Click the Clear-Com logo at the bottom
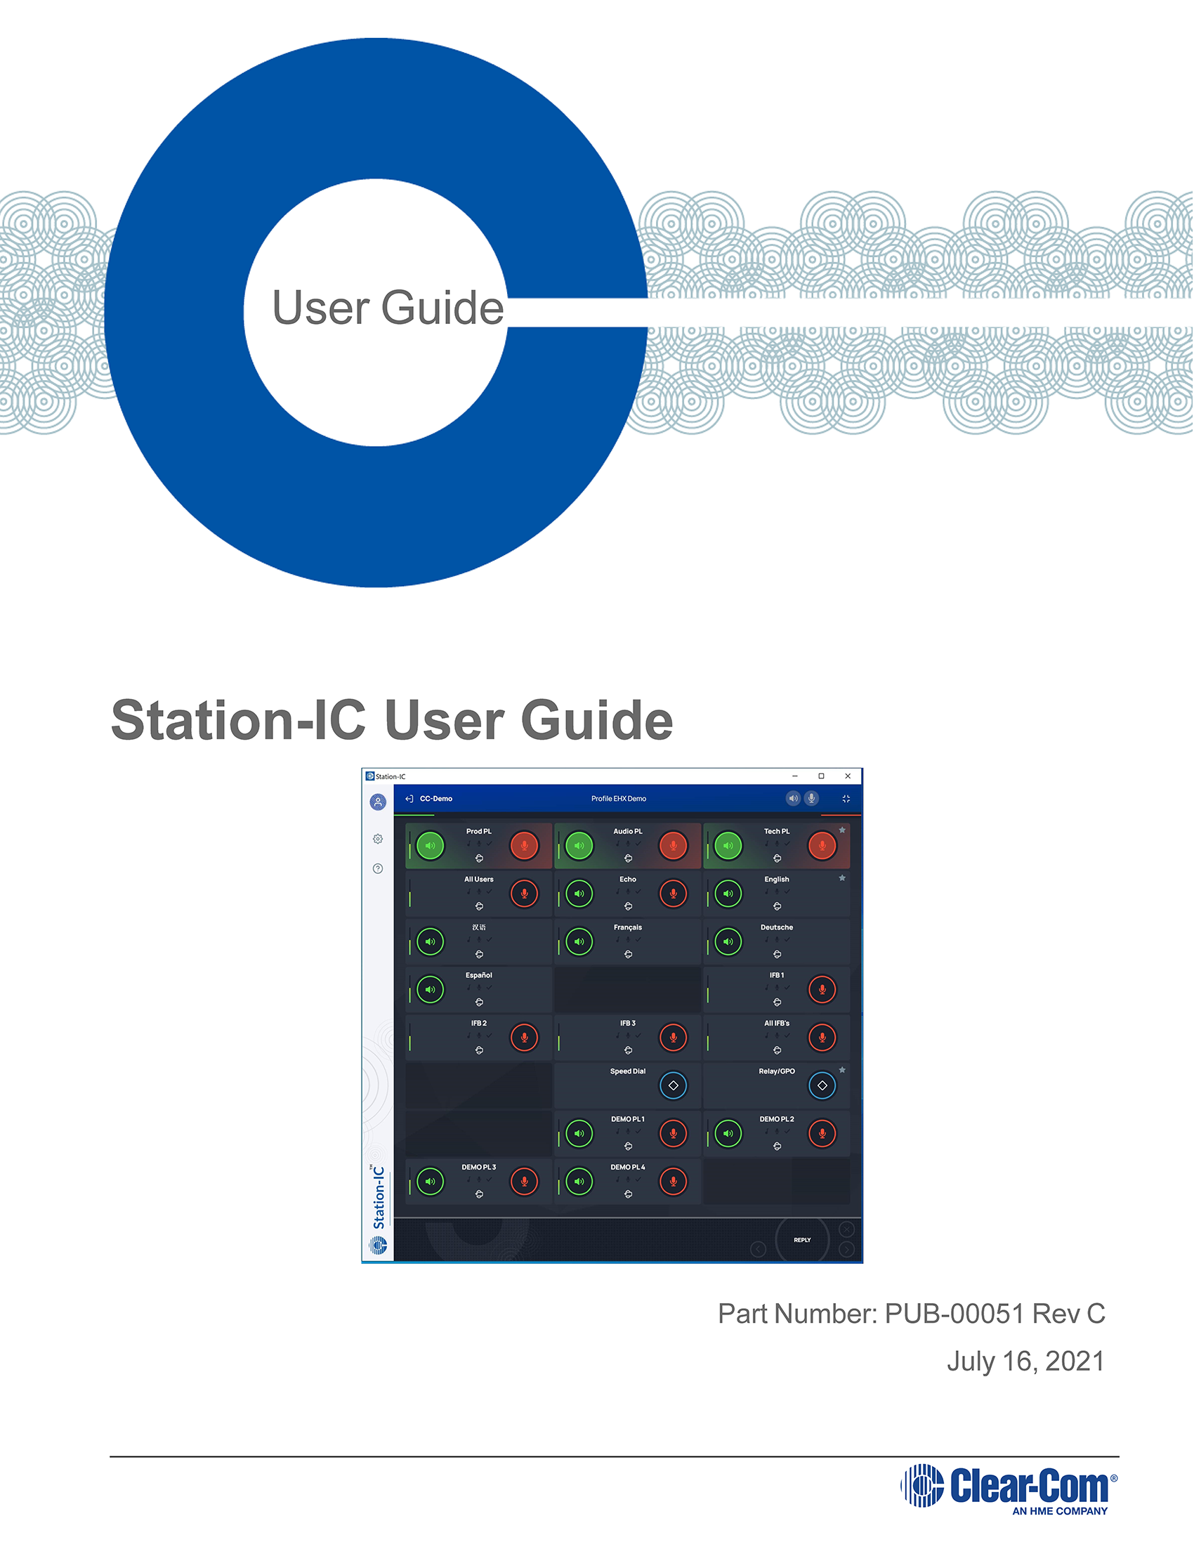(x=1009, y=1487)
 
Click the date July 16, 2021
(x=1025, y=1361)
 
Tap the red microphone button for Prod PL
(x=525, y=845)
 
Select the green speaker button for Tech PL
(x=728, y=845)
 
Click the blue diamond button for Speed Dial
(x=673, y=1085)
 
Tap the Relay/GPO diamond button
(x=822, y=1085)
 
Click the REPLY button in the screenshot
(x=801, y=1240)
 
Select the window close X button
(x=847, y=776)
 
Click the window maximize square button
(x=821, y=776)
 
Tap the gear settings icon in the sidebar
(x=377, y=839)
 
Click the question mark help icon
(x=377, y=868)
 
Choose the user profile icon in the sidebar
(x=377, y=802)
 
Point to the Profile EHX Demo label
(x=618, y=799)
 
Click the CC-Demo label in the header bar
(x=435, y=799)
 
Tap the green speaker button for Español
(x=430, y=989)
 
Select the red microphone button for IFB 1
(x=822, y=989)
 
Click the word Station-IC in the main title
(x=238, y=719)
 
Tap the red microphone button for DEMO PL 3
(x=525, y=1182)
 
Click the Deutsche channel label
(x=777, y=927)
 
